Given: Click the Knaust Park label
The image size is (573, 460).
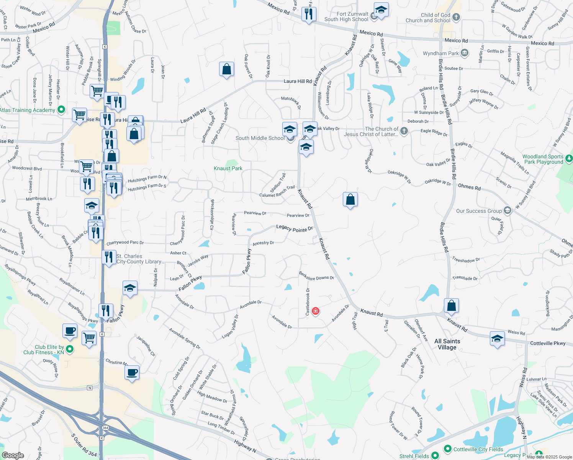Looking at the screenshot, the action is pyautogui.click(x=228, y=168).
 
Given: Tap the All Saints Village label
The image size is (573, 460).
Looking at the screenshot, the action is pyautogui.click(x=447, y=344).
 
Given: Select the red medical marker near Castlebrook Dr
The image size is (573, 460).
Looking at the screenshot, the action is pyautogui.click(x=316, y=311).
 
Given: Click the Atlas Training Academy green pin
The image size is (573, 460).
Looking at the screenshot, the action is pyautogui.click(x=61, y=110).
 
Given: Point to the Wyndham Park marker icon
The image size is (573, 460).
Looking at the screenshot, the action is pyautogui.click(x=465, y=53).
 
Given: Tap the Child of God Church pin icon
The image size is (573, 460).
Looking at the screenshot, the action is pyautogui.click(x=456, y=17).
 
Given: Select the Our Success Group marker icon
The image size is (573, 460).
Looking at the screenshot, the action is pyautogui.click(x=508, y=210).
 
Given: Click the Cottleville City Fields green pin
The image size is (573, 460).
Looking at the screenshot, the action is pyautogui.click(x=447, y=449).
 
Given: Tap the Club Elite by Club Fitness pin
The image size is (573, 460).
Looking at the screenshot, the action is pyautogui.click(x=70, y=349).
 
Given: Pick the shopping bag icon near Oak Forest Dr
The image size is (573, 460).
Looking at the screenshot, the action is pyautogui.click(x=226, y=69).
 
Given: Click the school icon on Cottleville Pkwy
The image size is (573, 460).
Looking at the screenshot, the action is pyautogui.click(x=497, y=338).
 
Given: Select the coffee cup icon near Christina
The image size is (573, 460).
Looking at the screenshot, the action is pyautogui.click(x=132, y=372).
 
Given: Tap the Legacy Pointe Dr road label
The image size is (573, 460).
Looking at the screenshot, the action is pyautogui.click(x=295, y=228).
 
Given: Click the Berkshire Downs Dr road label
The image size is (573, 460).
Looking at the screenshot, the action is pyautogui.click(x=316, y=276).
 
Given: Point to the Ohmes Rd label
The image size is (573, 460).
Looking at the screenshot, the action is pyautogui.click(x=469, y=187).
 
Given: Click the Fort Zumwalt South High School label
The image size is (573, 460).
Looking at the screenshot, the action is pyautogui.click(x=346, y=16).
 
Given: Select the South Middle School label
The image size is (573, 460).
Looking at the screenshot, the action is pyautogui.click(x=260, y=138).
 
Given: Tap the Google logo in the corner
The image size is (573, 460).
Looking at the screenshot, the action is pyautogui.click(x=13, y=455).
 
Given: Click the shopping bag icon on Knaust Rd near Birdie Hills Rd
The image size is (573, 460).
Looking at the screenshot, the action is pyautogui.click(x=451, y=306).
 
